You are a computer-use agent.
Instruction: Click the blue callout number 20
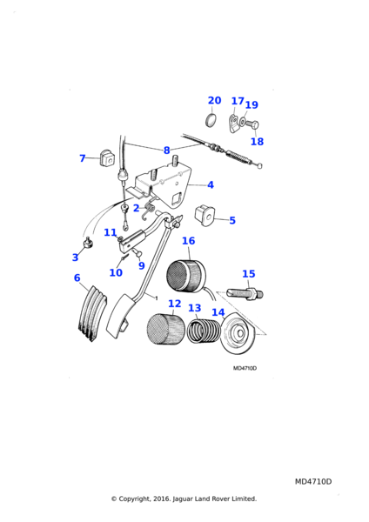(214, 100)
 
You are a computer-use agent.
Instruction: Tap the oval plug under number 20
(211, 120)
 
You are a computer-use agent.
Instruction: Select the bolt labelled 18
(253, 125)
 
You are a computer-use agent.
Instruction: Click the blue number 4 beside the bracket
(211, 184)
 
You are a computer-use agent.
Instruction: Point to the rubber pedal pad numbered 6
(92, 313)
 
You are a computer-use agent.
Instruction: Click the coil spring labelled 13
(204, 331)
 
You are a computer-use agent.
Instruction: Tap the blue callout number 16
(189, 241)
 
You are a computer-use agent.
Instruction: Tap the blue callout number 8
(167, 151)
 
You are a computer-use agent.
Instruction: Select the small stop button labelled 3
(88, 243)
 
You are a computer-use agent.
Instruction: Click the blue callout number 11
(111, 232)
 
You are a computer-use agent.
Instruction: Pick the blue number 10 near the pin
(116, 272)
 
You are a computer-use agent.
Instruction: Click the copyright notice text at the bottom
(184, 499)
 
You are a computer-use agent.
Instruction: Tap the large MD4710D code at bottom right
(313, 482)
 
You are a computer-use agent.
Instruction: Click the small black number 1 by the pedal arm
(156, 298)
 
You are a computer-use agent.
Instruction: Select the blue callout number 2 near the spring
(136, 208)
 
